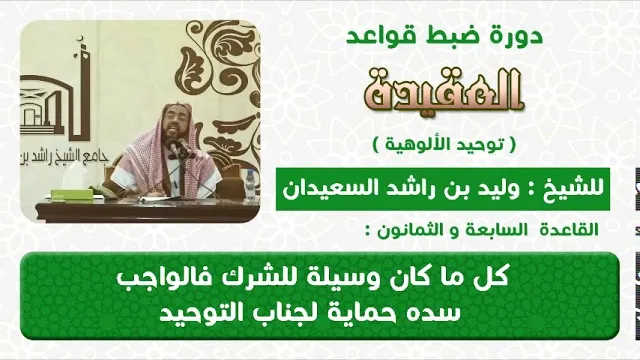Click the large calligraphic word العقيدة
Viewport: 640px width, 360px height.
(444, 91)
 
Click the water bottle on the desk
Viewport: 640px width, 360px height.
(249, 185)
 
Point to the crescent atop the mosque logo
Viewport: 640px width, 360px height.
(82, 39)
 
